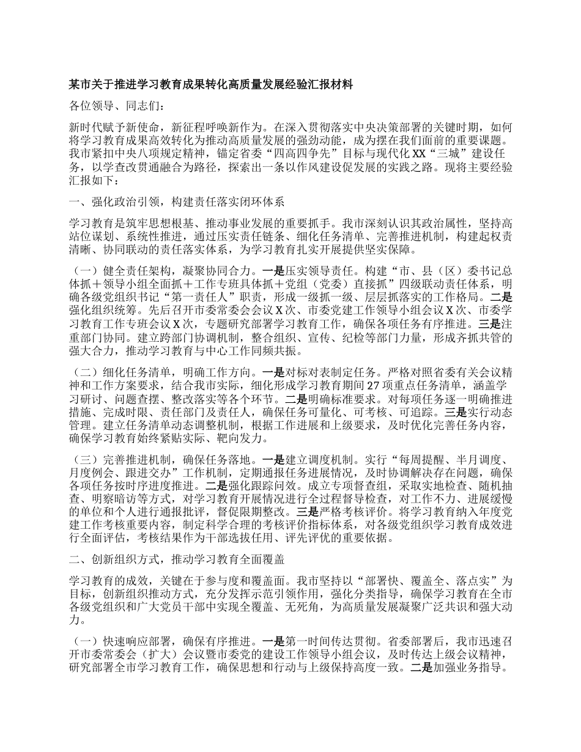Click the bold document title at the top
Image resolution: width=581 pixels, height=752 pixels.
[x=211, y=85]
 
